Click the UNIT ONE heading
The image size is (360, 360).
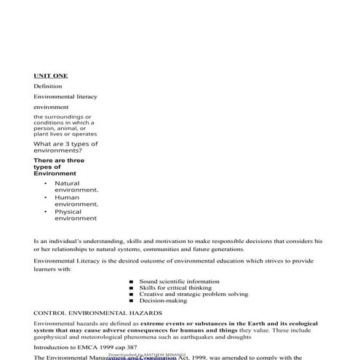(51, 75)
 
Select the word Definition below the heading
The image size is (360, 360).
(48, 86)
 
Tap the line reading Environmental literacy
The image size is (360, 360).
(65, 96)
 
